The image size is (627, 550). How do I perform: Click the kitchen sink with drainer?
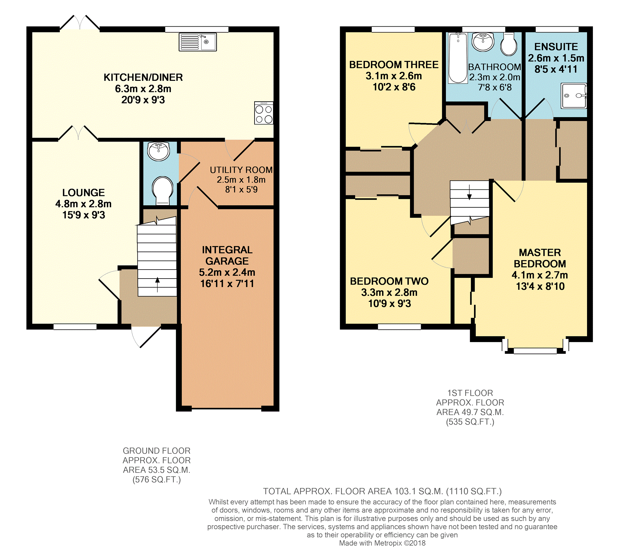(198, 42)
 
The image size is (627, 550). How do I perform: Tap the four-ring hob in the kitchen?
(264, 113)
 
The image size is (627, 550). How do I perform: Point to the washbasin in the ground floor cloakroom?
(159, 151)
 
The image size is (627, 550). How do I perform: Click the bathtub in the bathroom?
(458, 58)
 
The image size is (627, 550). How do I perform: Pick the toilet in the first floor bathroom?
(509, 44)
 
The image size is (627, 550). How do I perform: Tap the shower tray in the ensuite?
(574, 96)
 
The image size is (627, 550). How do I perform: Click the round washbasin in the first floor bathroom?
(483, 42)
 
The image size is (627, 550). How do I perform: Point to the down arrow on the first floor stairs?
(469, 192)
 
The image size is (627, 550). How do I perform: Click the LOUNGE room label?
(84, 193)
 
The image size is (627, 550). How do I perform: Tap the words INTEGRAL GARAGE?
(227, 255)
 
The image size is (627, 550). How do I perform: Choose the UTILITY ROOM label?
(241, 170)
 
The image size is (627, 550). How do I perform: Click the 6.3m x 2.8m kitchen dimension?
(143, 89)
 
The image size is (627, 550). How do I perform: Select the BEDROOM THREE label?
(394, 65)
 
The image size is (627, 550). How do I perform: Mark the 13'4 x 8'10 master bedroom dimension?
(540, 286)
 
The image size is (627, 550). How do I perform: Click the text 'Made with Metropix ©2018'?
(382, 543)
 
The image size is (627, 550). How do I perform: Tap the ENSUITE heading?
(556, 47)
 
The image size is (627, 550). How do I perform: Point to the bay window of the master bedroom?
(535, 351)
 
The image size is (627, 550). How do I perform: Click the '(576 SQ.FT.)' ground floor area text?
(157, 480)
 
